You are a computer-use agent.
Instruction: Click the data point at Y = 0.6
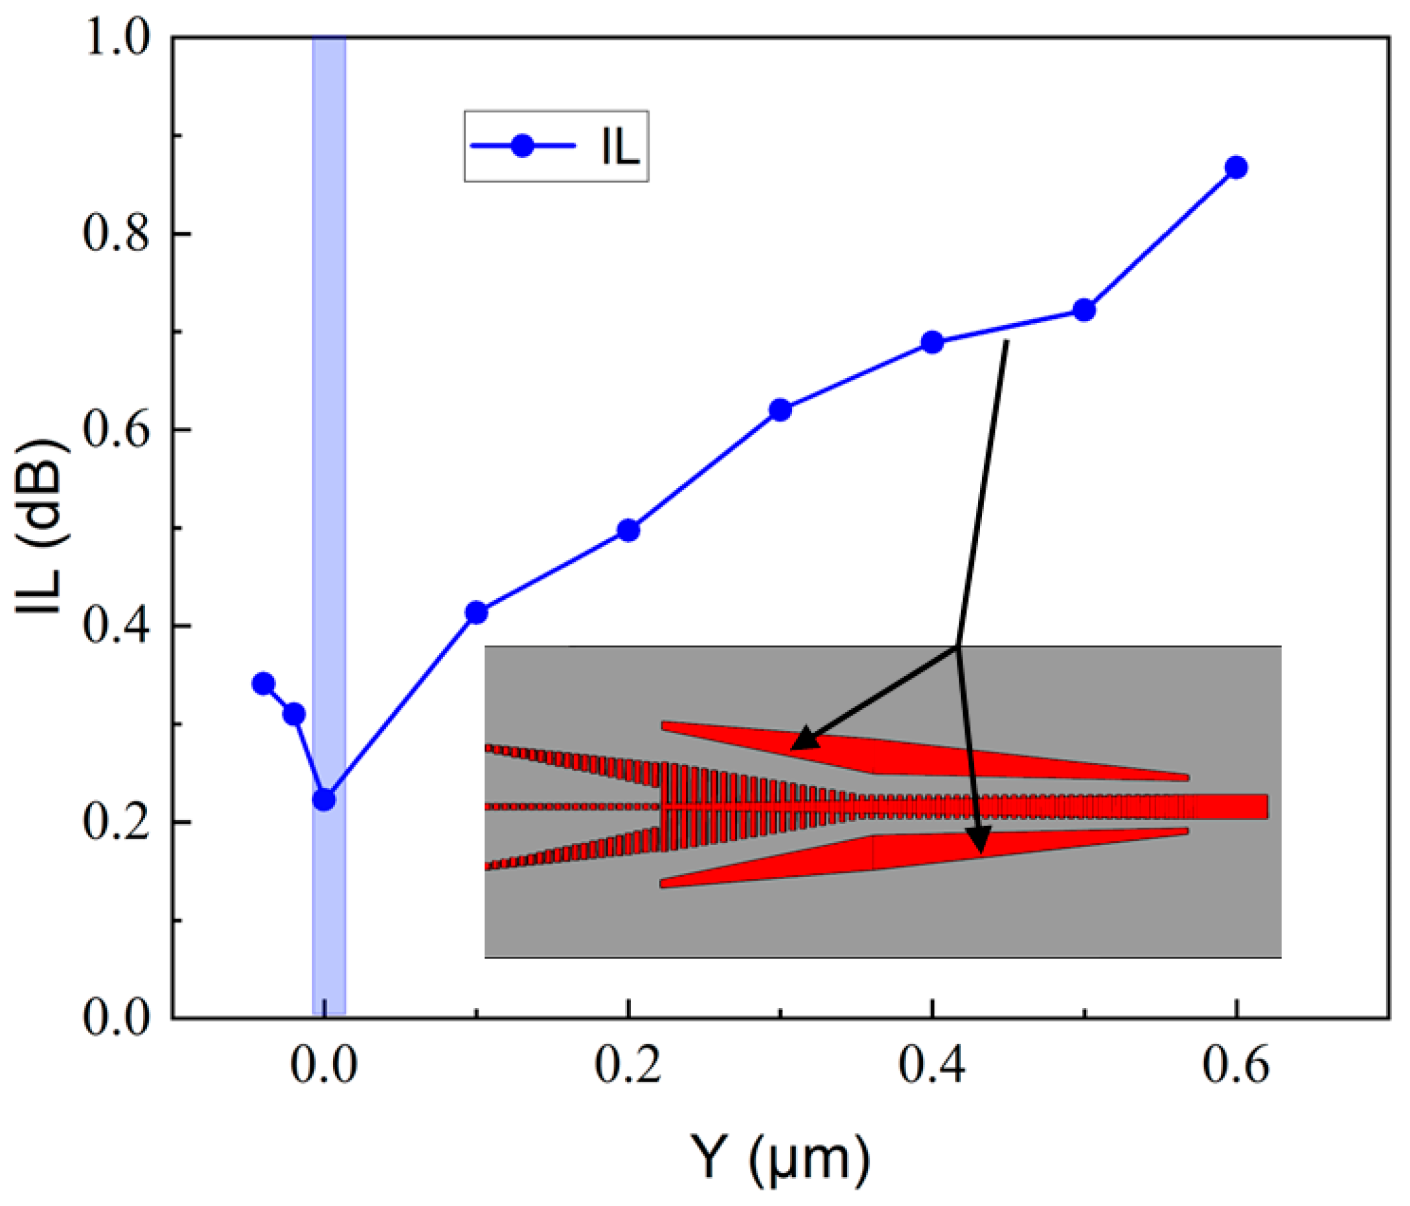coord(1236,167)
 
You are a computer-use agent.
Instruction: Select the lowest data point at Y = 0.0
coord(324,799)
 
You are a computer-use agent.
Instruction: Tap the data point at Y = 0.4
coord(932,342)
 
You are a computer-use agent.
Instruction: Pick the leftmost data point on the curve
coord(264,684)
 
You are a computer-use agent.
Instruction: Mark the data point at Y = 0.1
coord(476,612)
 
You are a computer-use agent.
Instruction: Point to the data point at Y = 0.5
coord(1084,310)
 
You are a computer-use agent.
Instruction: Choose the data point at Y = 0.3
coord(780,410)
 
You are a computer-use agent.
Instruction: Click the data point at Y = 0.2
coord(629,530)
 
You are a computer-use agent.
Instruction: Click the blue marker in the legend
coord(522,146)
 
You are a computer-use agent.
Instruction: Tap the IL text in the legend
coord(620,147)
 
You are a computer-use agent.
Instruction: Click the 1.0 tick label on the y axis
coord(117,38)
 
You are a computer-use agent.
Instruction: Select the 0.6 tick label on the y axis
coord(117,430)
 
